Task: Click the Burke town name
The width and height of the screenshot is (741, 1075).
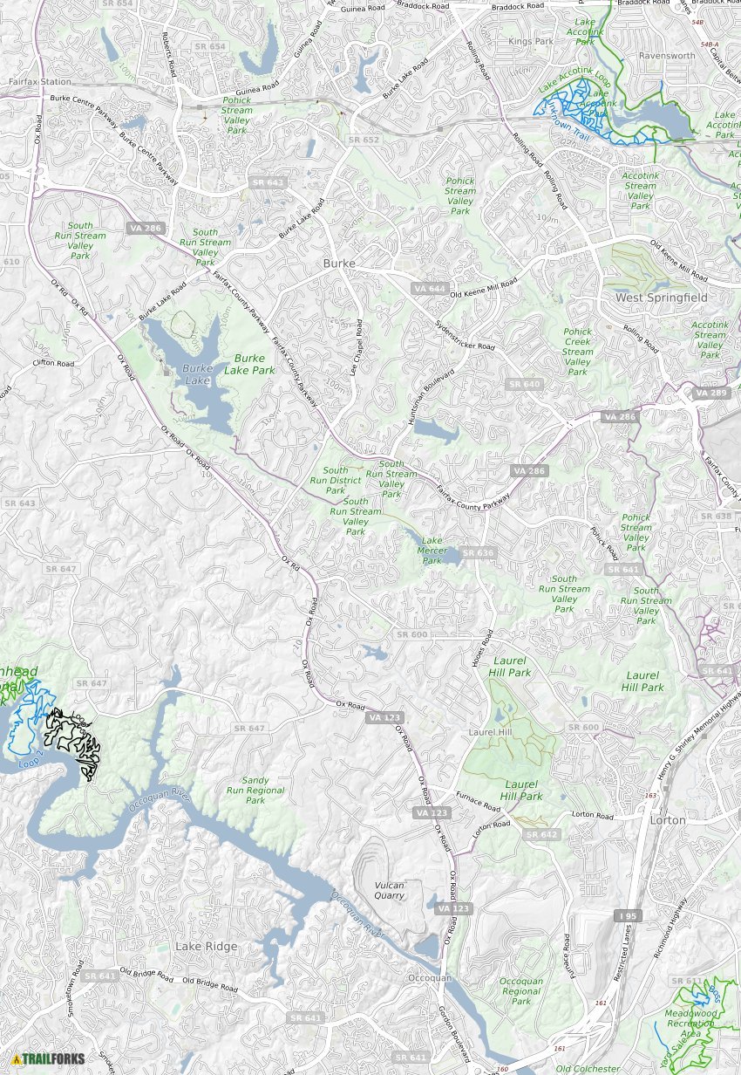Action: [340, 263]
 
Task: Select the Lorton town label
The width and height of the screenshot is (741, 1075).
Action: [668, 820]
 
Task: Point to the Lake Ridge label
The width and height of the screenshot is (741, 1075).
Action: [206, 946]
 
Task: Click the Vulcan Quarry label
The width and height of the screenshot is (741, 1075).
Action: [389, 890]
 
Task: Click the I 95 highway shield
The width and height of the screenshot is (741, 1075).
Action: [626, 915]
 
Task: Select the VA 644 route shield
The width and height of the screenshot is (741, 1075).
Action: [430, 288]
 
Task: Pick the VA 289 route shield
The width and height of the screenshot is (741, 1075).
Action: [710, 394]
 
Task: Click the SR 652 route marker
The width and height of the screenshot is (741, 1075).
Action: [364, 140]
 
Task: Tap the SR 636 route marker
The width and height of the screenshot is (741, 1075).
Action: [478, 552]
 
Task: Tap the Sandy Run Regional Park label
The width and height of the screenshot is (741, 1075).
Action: [255, 791]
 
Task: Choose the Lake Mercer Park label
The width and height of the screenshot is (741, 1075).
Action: [432, 550]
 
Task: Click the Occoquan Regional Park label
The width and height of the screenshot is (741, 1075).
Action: [521, 991]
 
